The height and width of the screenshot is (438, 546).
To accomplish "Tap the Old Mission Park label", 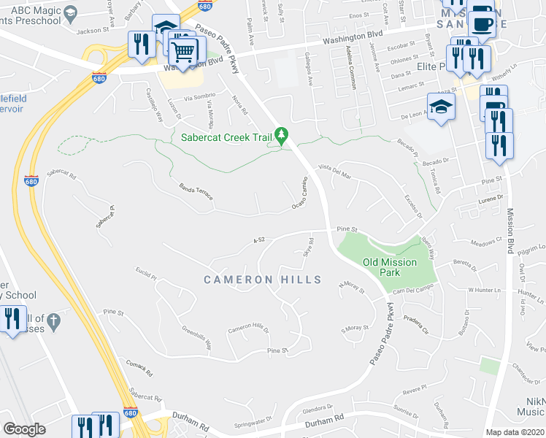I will pyautogui.click(x=391, y=267).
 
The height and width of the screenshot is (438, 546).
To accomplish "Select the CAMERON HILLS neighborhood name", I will pyautogui.click(x=262, y=280).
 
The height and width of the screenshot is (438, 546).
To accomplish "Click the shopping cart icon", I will pyautogui.click(x=182, y=50).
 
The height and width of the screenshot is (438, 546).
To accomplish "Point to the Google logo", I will pyautogui.click(x=24, y=429).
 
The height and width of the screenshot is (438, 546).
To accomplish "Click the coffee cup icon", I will pyautogui.click(x=482, y=23).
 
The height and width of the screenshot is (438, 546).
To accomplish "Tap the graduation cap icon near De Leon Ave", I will pyautogui.click(x=441, y=107).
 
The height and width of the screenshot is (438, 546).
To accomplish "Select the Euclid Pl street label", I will pyautogui.click(x=146, y=275).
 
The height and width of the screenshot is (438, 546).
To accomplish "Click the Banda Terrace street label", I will pyautogui.click(x=195, y=193).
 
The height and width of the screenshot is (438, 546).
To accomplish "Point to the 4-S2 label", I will pyautogui.click(x=258, y=239).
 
